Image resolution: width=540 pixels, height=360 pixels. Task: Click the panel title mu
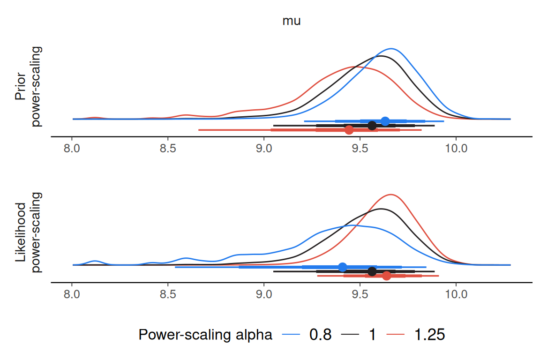coord(292,21)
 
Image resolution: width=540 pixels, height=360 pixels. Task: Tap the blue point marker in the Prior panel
coord(385,121)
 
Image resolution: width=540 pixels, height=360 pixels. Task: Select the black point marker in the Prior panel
coord(372,126)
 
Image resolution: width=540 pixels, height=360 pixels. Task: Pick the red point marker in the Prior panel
coord(349,130)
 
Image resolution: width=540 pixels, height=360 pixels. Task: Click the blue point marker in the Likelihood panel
coord(342,267)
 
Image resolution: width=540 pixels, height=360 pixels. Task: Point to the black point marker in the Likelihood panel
coord(372,271)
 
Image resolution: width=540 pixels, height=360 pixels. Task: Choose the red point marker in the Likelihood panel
coord(386,276)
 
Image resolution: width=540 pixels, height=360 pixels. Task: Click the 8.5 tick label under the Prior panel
coord(168,149)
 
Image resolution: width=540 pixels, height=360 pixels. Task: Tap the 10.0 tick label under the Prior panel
coord(456,149)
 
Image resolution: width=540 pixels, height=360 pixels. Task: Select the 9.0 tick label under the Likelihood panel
coord(264,294)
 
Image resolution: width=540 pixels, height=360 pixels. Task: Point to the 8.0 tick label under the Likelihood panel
coord(72,294)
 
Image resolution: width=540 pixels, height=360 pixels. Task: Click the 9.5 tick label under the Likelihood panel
coord(360,294)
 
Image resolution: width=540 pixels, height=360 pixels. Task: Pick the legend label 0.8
coord(320,335)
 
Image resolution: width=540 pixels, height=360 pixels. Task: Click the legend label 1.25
coord(429,335)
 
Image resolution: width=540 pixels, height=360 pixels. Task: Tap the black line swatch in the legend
coord(350,335)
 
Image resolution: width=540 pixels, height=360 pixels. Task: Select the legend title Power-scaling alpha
coord(205,335)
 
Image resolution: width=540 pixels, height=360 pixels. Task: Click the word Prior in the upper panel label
coord(21,86)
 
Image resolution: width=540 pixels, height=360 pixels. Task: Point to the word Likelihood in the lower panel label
coord(21,232)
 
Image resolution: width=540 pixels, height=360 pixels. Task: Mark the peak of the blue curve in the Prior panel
coord(391,49)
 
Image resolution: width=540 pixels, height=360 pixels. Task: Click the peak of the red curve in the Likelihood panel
coord(391,195)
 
